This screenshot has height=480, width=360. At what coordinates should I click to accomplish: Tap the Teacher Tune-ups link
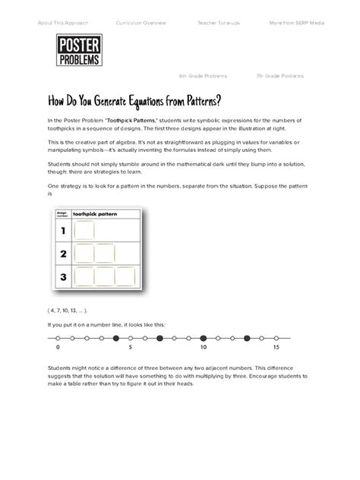tap(219, 24)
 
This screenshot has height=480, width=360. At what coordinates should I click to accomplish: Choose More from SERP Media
tap(296, 24)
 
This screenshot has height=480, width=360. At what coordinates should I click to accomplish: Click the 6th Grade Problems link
tap(203, 77)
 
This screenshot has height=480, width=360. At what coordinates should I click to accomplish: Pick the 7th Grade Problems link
tap(280, 77)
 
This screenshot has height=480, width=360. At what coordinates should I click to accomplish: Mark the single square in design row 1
tap(84, 231)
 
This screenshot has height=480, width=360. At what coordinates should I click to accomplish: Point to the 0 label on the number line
tap(58, 346)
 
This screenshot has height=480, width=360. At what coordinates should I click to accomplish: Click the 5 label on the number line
tap(131, 346)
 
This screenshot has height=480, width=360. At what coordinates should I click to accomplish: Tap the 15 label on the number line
tap(277, 346)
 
